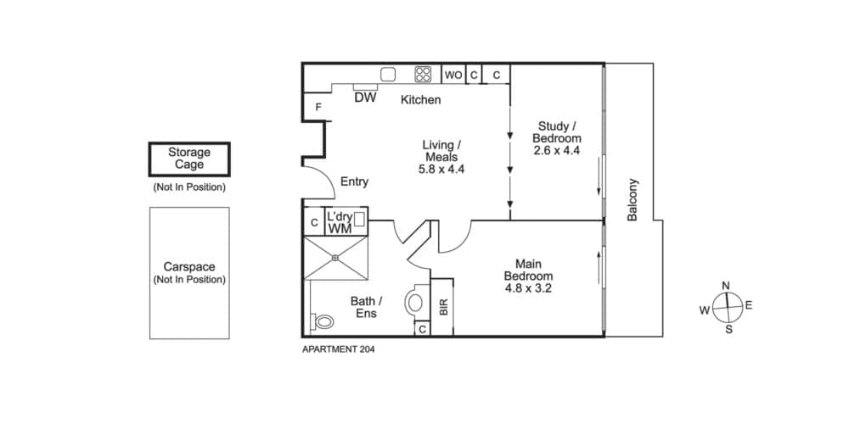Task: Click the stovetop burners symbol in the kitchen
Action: click(x=423, y=74)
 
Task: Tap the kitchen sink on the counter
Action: click(x=388, y=74)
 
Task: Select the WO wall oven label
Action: click(x=453, y=75)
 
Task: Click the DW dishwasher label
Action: click(x=365, y=98)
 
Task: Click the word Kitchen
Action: click(x=421, y=99)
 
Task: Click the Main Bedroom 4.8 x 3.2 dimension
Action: click(x=528, y=288)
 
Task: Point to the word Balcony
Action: click(x=633, y=199)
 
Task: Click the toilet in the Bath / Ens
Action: click(x=322, y=321)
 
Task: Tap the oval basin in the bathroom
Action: click(x=415, y=303)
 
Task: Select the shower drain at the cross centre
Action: click(x=335, y=258)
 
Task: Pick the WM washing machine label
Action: click(x=340, y=228)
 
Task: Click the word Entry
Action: click(x=354, y=181)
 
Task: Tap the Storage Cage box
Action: click(x=189, y=159)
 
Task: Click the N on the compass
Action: click(x=727, y=286)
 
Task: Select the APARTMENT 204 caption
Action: click(x=339, y=349)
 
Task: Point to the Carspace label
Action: click(x=189, y=267)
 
